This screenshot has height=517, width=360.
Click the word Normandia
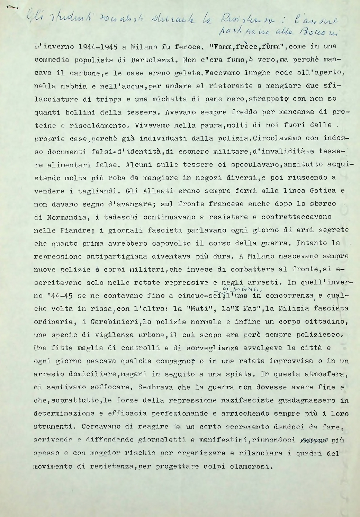tap(68, 217)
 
